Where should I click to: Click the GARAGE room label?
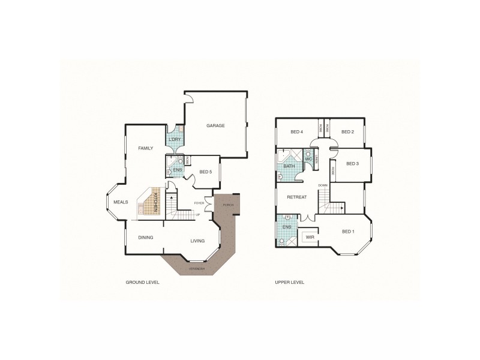(215, 126)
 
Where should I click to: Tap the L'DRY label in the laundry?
(174, 140)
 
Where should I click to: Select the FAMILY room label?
(146, 148)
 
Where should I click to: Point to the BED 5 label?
(205, 172)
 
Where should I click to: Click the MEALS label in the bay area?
(121, 202)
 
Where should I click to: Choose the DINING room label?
(146, 238)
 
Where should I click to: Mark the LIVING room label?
(197, 241)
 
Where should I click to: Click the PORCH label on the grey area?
(228, 205)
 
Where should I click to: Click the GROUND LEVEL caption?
(142, 282)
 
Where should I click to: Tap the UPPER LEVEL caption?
(290, 282)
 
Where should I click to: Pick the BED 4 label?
(296, 132)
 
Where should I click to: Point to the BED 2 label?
(347, 132)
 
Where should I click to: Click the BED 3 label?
(353, 164)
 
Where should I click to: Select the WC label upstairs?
(308, 159)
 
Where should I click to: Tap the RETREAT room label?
(296, 197)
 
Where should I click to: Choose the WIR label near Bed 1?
(310, 238)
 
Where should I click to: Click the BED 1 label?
(348, 232)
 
